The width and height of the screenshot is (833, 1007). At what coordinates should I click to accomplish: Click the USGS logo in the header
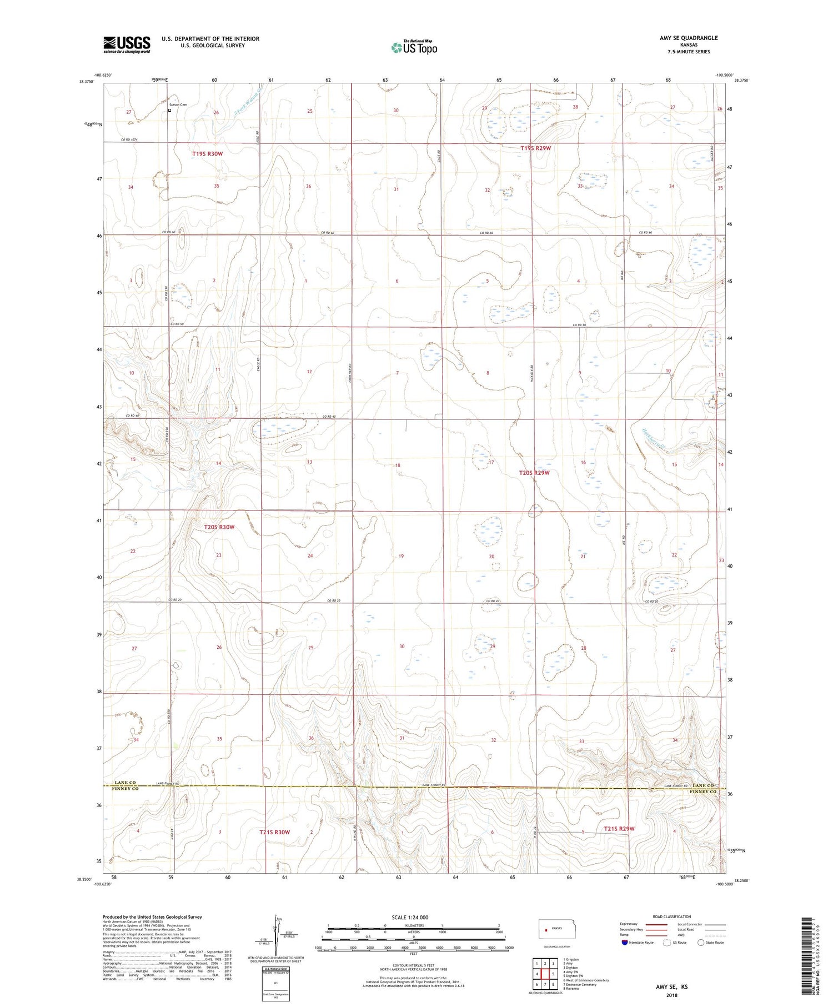click(x=127, y=44)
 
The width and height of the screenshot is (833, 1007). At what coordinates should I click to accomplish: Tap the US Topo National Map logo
click(x=414, y=48)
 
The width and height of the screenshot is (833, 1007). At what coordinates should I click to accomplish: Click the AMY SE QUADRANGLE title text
click(x=688, y=38)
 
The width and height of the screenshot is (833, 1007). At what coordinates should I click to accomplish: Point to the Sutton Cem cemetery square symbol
click(x=169, y=110)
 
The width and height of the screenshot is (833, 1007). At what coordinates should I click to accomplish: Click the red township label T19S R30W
click(x=208, y=153)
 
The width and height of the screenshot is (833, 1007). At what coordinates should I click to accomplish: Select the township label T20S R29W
click(x=534, y=473)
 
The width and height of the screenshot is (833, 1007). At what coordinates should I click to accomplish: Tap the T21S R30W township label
click(x=274, y=831)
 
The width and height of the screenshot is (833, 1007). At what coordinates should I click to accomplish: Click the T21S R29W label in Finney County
click(x=619, y=829)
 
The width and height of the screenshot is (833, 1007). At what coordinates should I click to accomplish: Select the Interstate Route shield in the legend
click(x=624, y=943)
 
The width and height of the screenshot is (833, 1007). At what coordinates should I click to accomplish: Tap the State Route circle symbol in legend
click(x=701, y=942)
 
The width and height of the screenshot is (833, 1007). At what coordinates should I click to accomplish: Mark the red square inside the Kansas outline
click(x=546, y=930)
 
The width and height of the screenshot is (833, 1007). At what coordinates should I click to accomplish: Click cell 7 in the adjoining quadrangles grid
click(x=545, y=984)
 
